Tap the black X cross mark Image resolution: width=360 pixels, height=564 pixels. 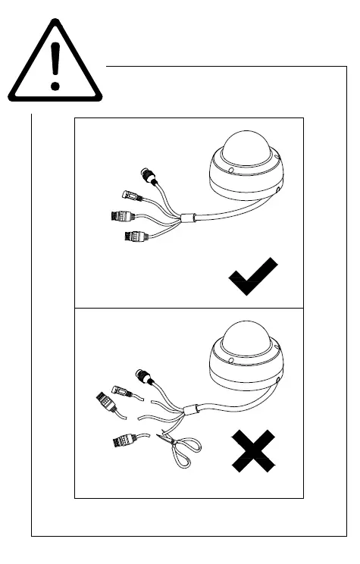253,452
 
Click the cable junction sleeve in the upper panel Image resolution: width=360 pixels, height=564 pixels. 187,220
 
